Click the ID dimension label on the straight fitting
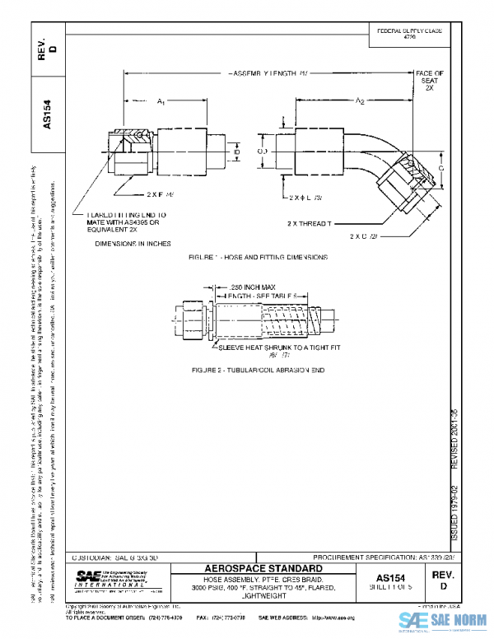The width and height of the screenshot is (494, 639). pyautogui.click(x=235, y=152)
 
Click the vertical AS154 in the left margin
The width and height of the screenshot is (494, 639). pyautogui.click(x=47, y=115)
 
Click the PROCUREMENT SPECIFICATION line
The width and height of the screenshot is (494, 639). pyautogui.click(x=384, y=557)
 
